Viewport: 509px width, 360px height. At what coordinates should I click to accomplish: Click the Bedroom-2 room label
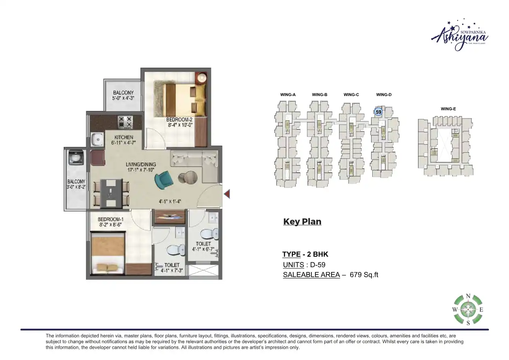click(179, 120)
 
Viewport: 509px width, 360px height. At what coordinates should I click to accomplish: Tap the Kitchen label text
click(123, 137)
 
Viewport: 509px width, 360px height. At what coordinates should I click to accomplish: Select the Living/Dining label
click(141, 164)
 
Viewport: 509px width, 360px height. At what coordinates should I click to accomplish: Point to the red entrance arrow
click(227, 195)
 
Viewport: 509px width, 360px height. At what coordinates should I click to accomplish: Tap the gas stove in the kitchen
click(125, 120)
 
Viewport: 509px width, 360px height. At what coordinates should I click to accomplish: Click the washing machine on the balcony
click(75, 158)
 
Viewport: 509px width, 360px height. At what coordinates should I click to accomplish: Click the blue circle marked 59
click(378, 112)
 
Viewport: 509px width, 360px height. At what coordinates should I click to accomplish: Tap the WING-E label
click(449, 109)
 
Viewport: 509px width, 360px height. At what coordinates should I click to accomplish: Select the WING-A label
click(288, 95)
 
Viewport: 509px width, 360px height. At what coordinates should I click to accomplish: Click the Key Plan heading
click(302, 222)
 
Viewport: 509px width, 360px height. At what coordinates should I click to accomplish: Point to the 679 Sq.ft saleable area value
click(364, 275)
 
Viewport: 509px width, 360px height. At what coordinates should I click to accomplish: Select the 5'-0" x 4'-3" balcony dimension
click(123, 98)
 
